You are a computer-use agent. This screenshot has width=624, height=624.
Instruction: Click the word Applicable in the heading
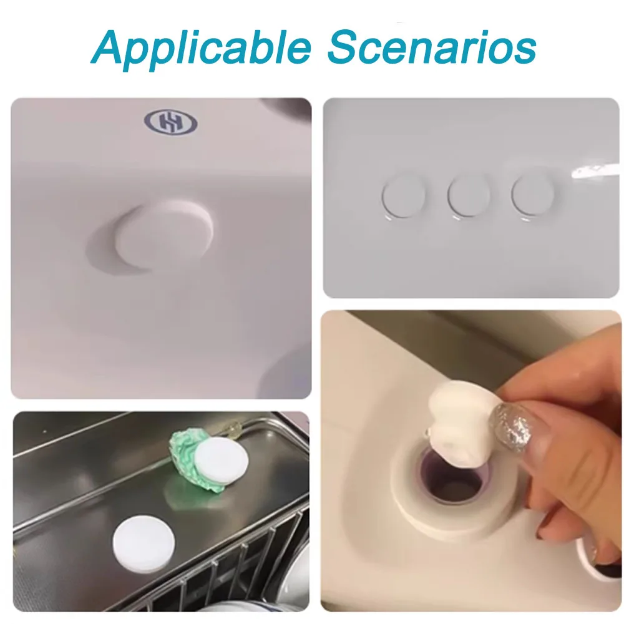pyautogui.click(x=201, y=49)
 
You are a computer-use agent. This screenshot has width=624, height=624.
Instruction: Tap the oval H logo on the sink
pyautogui.click(x=171, y=122)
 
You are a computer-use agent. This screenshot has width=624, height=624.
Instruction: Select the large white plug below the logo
pyautogui.click(x=164, y=233)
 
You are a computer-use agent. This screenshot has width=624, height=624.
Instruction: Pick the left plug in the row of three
pyautogui.click(x=402, y=196)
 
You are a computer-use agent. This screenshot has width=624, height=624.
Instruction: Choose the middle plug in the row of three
pyautogui.click(x=469, y=196)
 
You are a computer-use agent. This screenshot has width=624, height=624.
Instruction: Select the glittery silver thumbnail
pyautogui.click(x=512, y=422)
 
